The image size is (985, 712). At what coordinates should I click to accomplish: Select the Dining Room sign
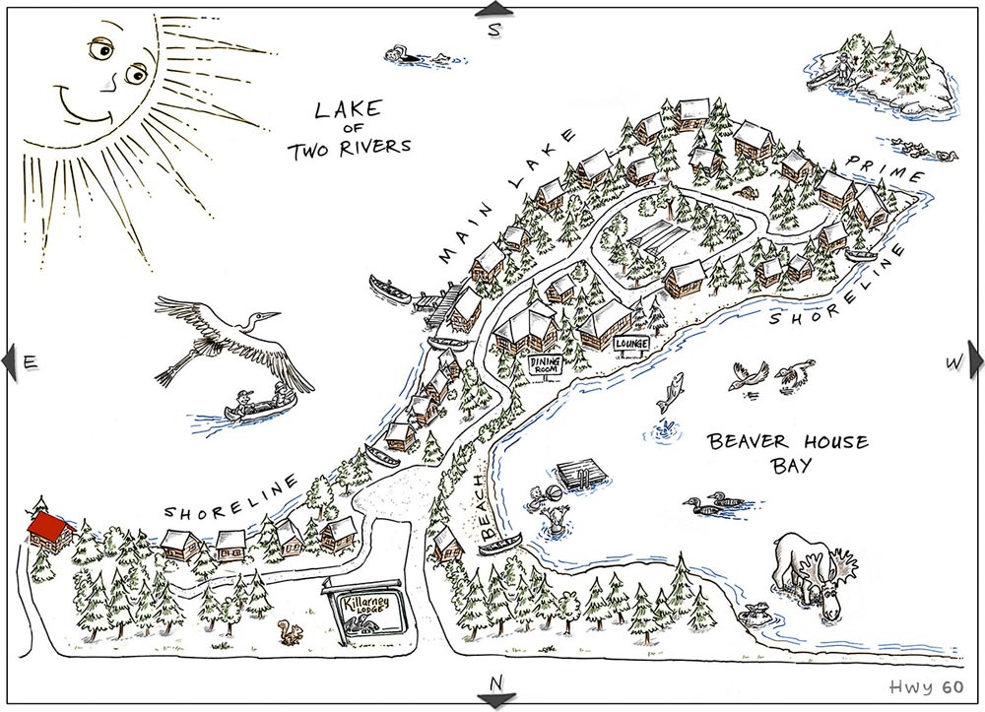click(545, 365)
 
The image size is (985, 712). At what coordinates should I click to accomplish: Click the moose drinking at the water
click(813, 573)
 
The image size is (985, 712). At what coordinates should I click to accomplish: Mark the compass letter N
click(495, 681)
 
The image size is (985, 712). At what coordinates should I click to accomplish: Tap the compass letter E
click(30, 362)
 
